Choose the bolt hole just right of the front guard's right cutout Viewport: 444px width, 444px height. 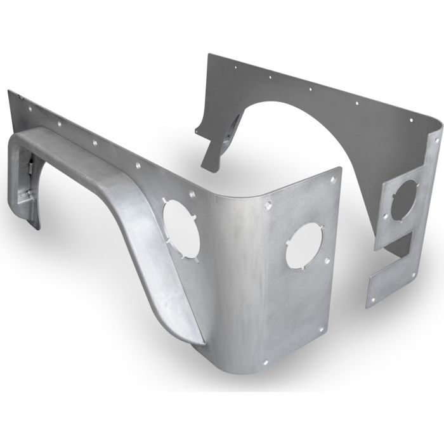[x=326, y=259]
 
